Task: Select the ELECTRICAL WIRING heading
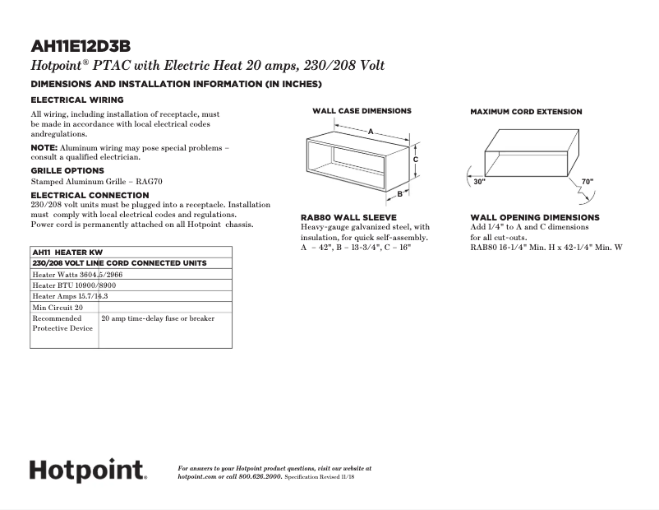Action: (x=77, y=100)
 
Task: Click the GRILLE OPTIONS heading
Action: (x=67, y=170)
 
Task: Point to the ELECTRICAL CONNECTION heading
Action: (x=90, y=195)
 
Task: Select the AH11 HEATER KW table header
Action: (x=67, y=252)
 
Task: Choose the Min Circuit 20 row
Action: (x=58, y=307)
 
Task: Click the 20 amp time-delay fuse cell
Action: (x=157, y=318)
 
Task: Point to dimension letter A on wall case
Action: (x=371, y=132)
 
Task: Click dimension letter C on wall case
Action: (x=417, y=160)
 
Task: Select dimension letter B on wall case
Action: (x=400, y=194)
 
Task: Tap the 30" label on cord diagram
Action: (x=480, y=182)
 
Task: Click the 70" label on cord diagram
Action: (x=587, y=181)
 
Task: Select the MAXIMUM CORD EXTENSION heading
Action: (x=526, y=112)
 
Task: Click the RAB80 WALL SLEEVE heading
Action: (x=348, y=218)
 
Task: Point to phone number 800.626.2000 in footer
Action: (x=260, y=476)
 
